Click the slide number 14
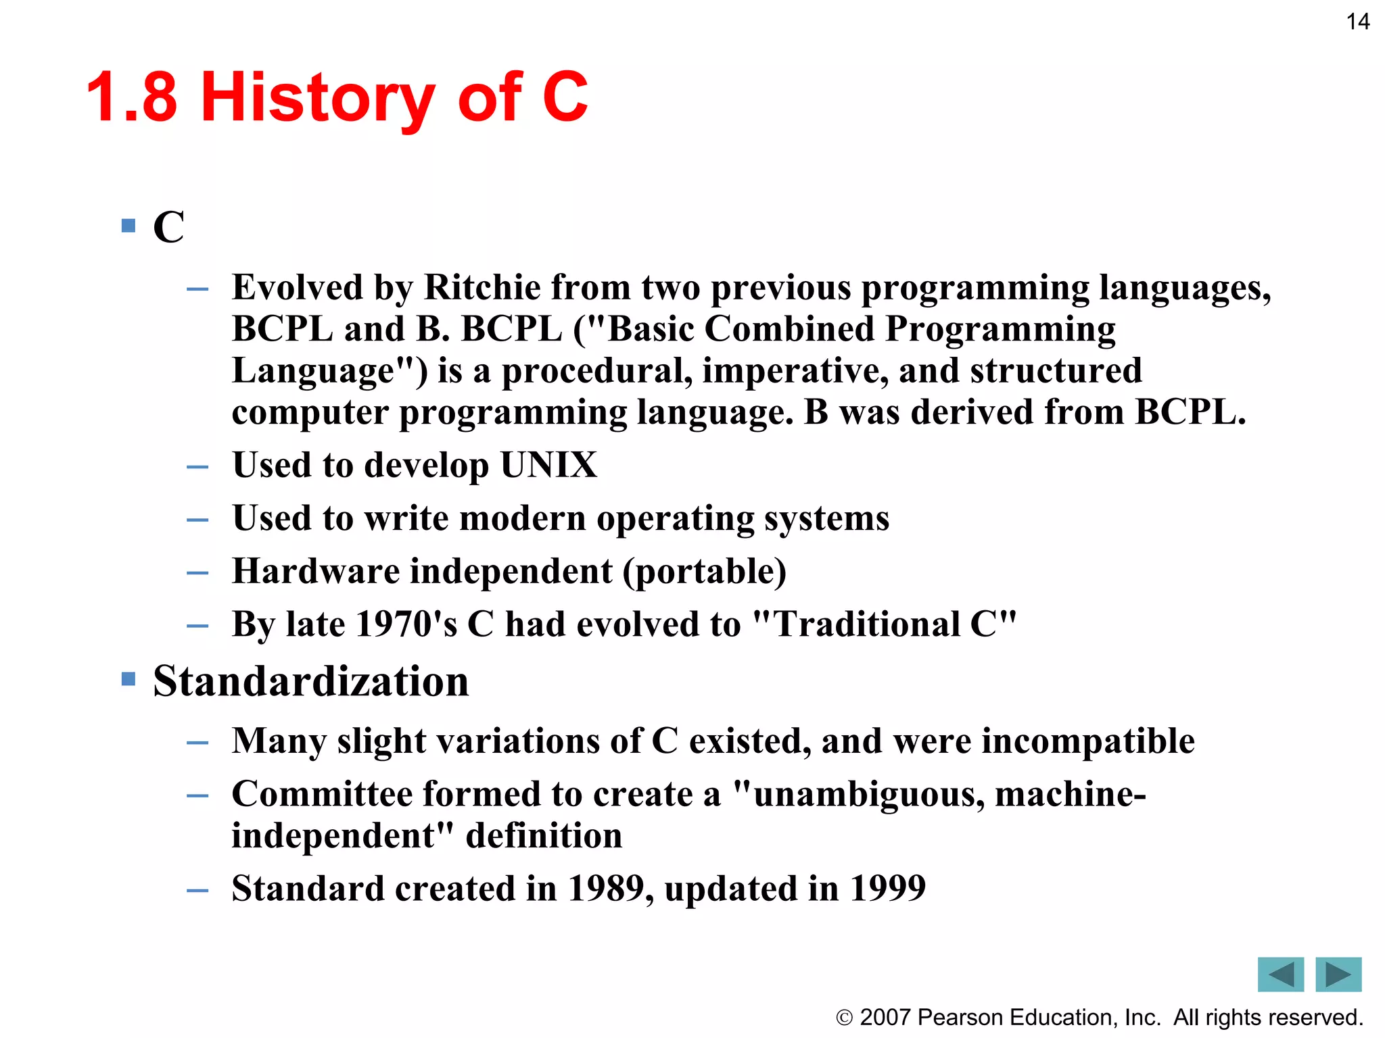point(1357,22)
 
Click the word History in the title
point(318,98)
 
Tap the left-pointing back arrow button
point(1280,974)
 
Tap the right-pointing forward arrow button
point(1338,974)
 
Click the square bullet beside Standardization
point(128,678)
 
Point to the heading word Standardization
point(311,681)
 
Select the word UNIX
point(548,465)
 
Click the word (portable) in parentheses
point(704,572)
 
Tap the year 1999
point(887,888)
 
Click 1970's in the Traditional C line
point(406,624)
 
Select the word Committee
point(322,794)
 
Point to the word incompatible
point(1088,741)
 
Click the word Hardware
point(316,571)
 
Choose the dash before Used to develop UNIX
point(197,467)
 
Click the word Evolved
point(298,287)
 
